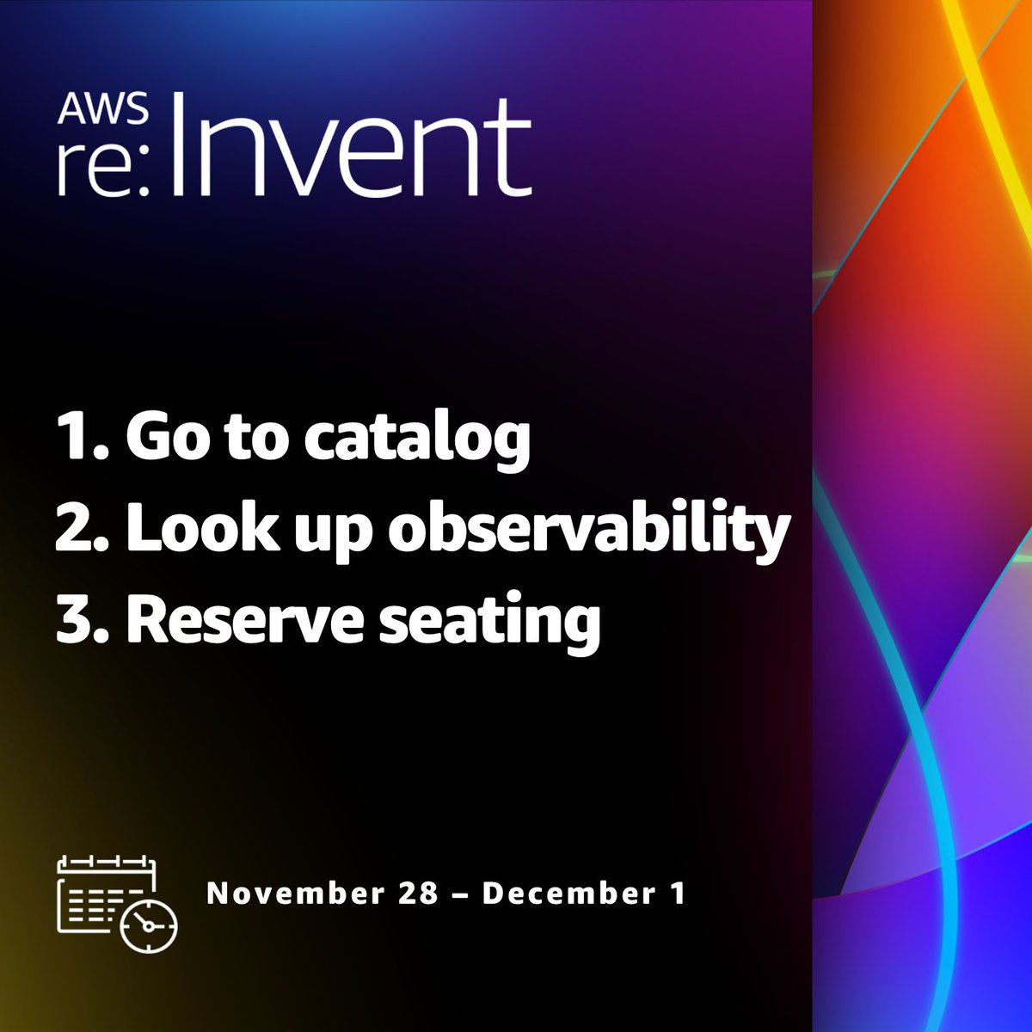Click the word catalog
pos(417,439)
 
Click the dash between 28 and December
pos(460,895)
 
